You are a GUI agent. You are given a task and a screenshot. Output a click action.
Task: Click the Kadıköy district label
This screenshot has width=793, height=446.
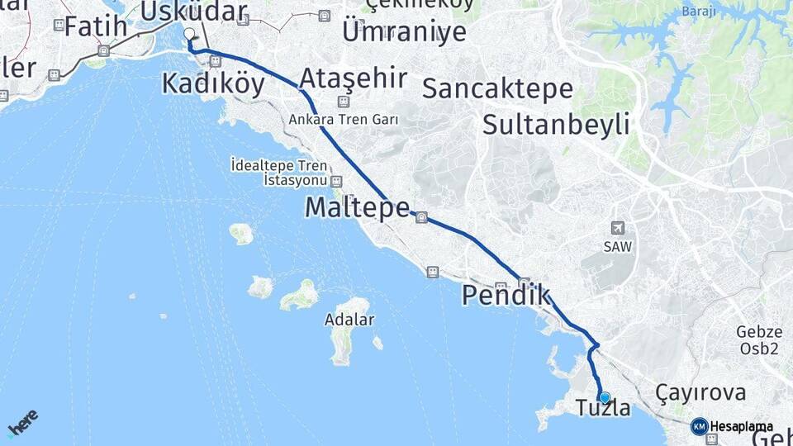(214, 83)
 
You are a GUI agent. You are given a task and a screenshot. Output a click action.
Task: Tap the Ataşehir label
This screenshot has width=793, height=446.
(353, 78)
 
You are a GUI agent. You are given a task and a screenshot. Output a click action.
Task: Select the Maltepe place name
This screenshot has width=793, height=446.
(357, 207)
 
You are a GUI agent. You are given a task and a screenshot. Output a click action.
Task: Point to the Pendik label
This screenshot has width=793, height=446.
(506, 295)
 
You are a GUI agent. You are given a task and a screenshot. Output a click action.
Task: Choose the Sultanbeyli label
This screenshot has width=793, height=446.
(556, 126)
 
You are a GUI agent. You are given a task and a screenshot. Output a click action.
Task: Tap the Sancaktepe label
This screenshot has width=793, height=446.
(497, 88)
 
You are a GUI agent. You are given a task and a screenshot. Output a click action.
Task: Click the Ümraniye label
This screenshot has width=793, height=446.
(404, 32)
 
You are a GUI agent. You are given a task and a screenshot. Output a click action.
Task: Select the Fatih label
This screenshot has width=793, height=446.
(96, 26)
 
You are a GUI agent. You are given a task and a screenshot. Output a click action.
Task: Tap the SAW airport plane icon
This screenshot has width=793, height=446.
(617, 228)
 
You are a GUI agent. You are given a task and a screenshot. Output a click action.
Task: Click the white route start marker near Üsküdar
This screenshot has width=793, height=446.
(189, 34)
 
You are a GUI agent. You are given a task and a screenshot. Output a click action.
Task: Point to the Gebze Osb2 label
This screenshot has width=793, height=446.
(758, 340)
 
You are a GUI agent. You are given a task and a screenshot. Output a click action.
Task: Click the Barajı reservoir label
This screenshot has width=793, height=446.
(699, 12)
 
